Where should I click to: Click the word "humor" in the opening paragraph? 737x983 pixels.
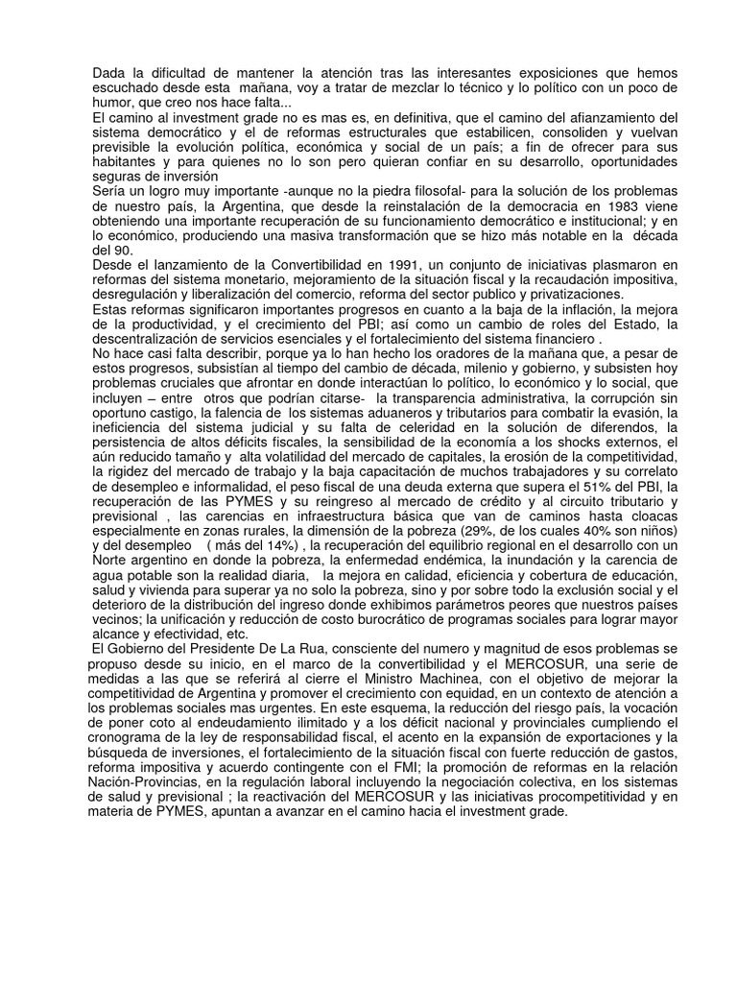click(x=112, y=103)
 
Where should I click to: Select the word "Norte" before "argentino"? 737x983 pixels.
click(x=113, y=561)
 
